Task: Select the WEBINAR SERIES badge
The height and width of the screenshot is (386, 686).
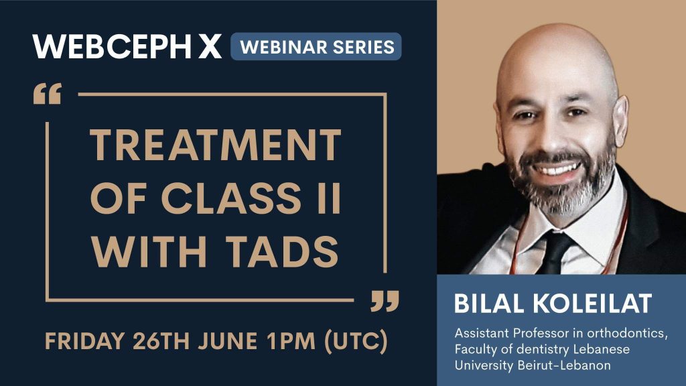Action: click(x=316, y=47)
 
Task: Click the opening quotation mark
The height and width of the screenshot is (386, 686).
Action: click(x=47, y=94)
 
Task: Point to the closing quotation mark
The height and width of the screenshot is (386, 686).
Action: click(x=385, y=301)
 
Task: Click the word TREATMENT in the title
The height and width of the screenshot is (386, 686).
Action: click(x=215, y=145)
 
